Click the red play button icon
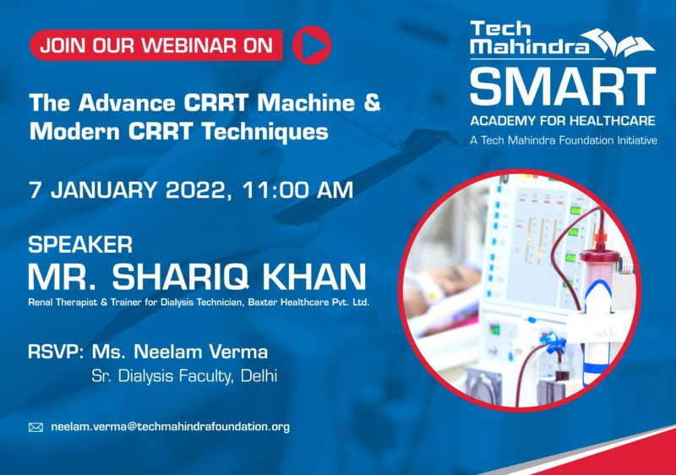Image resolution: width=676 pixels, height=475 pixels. (x=312, y=45)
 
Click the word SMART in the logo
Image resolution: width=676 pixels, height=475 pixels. (x=563, y=86)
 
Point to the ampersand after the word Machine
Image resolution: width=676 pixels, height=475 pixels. (x=372, y=102)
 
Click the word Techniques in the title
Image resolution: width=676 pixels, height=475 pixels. (x=265, y=131)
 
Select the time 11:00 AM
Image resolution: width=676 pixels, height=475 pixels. (x=297, y=190)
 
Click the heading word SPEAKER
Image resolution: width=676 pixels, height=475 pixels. (x=80, y=244)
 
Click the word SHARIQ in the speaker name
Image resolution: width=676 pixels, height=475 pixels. (x=180, y=276)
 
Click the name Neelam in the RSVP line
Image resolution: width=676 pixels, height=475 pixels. (x=165, y=352)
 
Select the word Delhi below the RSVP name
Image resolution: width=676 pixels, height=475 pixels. (x=259, y=376)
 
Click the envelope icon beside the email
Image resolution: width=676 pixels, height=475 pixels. (x=35, y=427)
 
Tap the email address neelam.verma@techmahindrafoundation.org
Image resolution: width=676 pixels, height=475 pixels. (x=171, y=427)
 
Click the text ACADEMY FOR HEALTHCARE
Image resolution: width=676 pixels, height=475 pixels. (x=563, y=121)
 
